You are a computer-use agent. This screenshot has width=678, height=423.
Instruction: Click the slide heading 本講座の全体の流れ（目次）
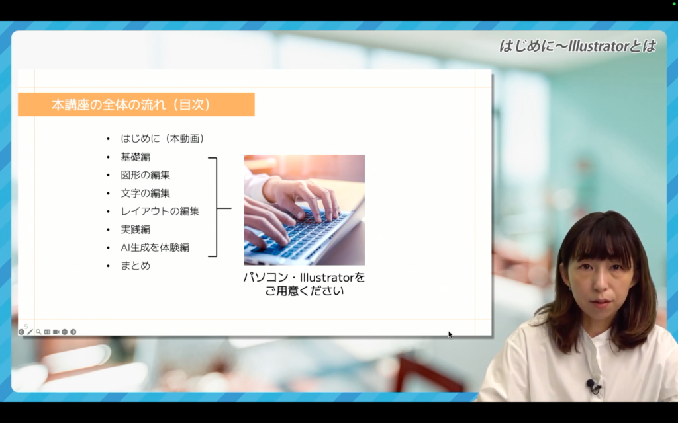(132, 105)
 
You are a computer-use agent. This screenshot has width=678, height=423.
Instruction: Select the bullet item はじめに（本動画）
(163, 139)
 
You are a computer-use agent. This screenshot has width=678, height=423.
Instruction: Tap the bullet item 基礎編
(135, 157)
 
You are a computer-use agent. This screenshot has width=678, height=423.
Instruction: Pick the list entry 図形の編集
(145, 174)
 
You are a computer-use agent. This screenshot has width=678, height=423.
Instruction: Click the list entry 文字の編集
(145, 193)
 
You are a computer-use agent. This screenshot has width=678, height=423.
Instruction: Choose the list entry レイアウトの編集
(160, 211)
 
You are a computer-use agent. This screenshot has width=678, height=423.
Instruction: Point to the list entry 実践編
(135, 229)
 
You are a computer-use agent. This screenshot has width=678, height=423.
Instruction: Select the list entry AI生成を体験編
(155, 247)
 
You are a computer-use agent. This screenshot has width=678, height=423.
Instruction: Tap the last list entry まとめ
(135, 266)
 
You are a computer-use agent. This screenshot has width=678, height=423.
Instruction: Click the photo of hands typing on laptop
(305, 210)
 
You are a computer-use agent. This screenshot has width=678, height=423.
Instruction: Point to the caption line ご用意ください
(305, 291)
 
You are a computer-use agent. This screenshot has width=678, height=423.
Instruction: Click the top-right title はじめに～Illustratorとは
(577, 46)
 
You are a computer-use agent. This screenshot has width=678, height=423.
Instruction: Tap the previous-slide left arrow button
(21, 332)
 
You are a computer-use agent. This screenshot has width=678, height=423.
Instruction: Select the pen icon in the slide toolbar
(30, 332)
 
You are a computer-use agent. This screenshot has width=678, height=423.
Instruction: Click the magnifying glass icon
(38, 332)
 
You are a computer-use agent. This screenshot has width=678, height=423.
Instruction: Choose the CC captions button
(47, 332)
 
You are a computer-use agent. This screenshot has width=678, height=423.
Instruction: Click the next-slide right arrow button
(73, 332)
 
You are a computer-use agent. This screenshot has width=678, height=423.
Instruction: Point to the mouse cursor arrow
(450, 334)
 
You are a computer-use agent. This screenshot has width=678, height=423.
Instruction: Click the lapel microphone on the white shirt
(591, 384)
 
